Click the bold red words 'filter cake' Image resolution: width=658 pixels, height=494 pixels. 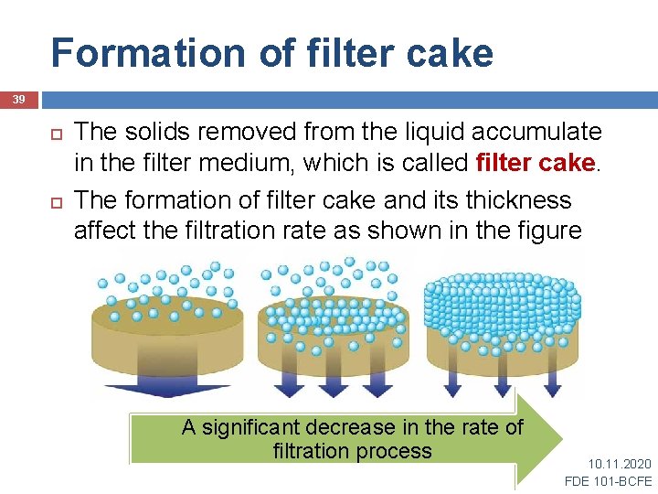click(x=536, y=164)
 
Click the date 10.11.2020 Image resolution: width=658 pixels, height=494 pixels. click(x=620, y=465)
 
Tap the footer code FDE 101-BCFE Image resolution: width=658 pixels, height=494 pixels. click(x=609, y=481)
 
